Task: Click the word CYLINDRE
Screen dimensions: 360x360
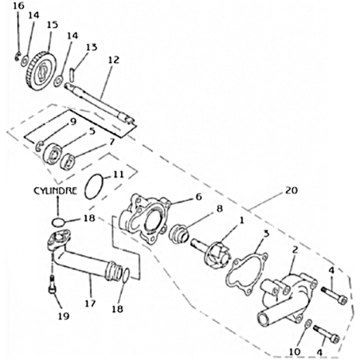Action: pyautogui.click(x=55, y=190)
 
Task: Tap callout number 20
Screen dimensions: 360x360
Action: pyautogui.click(x=292, y=190)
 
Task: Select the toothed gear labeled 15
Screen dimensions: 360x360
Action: pyautogui.click(x=42, y=69)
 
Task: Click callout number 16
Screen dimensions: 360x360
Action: pyautogui.click(x=18, y=6)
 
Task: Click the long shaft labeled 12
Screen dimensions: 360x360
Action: pyautogui.click(x=99, y=103)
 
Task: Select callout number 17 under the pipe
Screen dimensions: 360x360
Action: pyautogui.click(x=90, y=303)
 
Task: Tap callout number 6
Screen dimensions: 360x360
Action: pyautogui.click(x=198, y=197)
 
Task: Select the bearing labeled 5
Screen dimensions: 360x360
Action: pyautogui.click(x=51, y=154)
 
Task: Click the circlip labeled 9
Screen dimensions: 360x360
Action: pyautogui.click(x=37, y=146)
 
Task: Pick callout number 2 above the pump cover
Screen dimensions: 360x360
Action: pyautogui.click(x=295, y=250)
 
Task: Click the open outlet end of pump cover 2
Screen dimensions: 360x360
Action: pyautogui.click(x=264, y=319)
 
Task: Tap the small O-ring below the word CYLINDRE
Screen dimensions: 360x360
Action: pyautogui.click(x=58, y=221)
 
